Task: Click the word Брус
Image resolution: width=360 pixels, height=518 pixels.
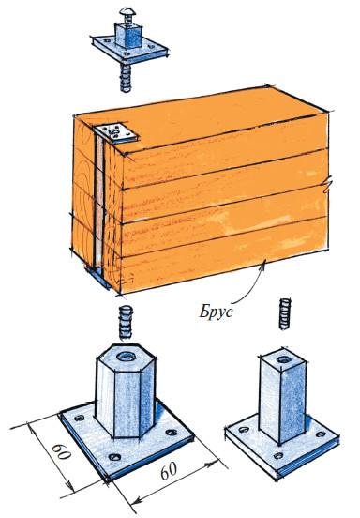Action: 216,312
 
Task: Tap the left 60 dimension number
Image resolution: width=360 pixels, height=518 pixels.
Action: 62,452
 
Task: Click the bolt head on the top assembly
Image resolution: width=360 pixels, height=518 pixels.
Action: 126,13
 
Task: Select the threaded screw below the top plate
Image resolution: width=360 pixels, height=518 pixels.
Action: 126,77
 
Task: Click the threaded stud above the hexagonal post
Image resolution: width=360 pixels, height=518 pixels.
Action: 126,323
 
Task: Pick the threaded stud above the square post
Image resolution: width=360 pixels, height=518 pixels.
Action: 285,314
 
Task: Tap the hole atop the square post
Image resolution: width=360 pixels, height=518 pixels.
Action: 284,359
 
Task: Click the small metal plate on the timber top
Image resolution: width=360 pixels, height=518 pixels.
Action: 116,133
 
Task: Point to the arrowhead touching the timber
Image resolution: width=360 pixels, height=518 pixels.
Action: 263,265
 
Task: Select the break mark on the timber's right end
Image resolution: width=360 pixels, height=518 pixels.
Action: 328,184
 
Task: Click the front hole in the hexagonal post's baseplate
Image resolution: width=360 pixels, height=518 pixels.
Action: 114,457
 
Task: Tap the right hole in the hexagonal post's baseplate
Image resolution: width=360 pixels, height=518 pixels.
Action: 172,432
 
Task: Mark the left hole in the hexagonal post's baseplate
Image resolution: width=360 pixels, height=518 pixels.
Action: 80,418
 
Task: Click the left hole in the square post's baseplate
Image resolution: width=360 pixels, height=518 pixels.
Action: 244,430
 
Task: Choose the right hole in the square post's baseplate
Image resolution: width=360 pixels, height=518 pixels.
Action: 321,434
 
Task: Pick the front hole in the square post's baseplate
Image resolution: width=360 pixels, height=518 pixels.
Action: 278,455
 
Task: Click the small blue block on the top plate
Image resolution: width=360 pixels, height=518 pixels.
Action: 128,35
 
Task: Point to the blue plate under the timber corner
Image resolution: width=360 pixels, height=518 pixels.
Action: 98,277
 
